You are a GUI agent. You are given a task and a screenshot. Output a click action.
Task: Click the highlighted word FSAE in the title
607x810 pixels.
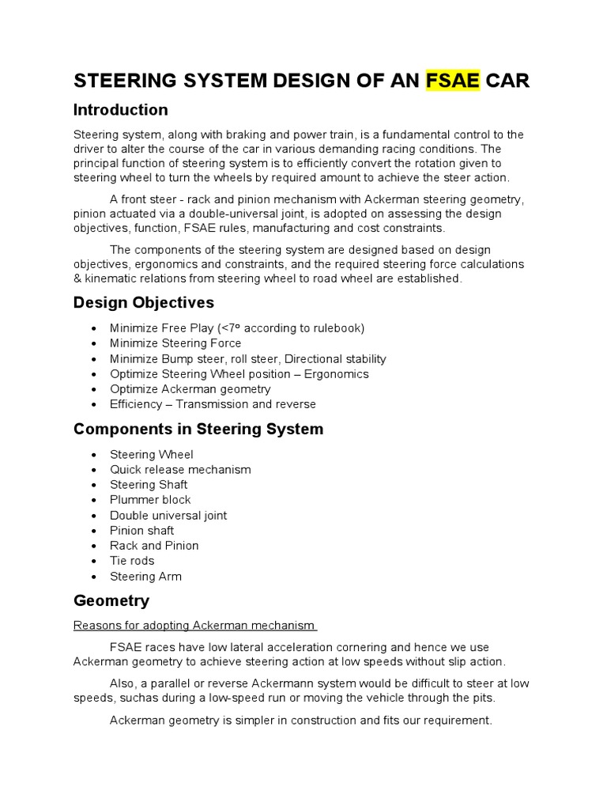pyautogui.click(x=452, y=81)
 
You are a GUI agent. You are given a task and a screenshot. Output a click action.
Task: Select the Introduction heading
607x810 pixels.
pyautogui.click(x=120, y=110)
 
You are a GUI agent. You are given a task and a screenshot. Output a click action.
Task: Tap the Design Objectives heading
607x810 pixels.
pyautogui.click(x=143, y=303)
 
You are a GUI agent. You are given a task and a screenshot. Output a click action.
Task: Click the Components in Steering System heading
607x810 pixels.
pyautogui.click(x=198, y=430)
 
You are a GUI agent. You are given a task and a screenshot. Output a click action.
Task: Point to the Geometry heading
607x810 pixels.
pyautogui.click(x=111, y=600)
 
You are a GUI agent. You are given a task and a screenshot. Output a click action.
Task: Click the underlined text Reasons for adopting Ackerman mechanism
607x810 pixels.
pyautogui.click(x=194, y=626)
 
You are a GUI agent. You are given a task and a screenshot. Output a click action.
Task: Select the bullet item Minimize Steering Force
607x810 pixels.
pyautogui.click(x=175, y=343)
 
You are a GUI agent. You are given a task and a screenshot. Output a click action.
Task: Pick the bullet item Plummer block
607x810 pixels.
pyautogui.click(x=150, y=500)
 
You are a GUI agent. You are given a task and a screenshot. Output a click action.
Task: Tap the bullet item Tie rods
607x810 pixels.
pyautogui.click(x=132, y=561)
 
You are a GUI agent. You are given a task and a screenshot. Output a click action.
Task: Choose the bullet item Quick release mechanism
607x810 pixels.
pyautogui.click(x=180, y=469)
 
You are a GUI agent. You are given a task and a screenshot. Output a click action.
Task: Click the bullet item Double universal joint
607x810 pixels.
pyautogui.click(x=168, y=515)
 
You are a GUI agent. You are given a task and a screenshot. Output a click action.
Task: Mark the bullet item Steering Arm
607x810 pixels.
pyautogui.click(x=145, y=576)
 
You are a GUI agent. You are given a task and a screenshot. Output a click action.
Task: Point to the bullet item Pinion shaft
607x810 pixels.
pyautogui.click(x=141, y=530)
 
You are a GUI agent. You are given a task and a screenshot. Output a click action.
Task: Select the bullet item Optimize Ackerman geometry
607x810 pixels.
pyautogui.click(x=190, y=389)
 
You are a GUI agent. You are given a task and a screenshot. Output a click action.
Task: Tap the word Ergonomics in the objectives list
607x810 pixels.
pyautogui.click(x=336, y=373)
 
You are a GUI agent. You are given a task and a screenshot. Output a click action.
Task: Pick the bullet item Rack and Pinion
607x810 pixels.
pyautogui.click(x=154, y=546)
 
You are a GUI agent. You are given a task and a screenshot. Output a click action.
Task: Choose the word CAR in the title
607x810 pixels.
pyautogui.click(x=507, y=81)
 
